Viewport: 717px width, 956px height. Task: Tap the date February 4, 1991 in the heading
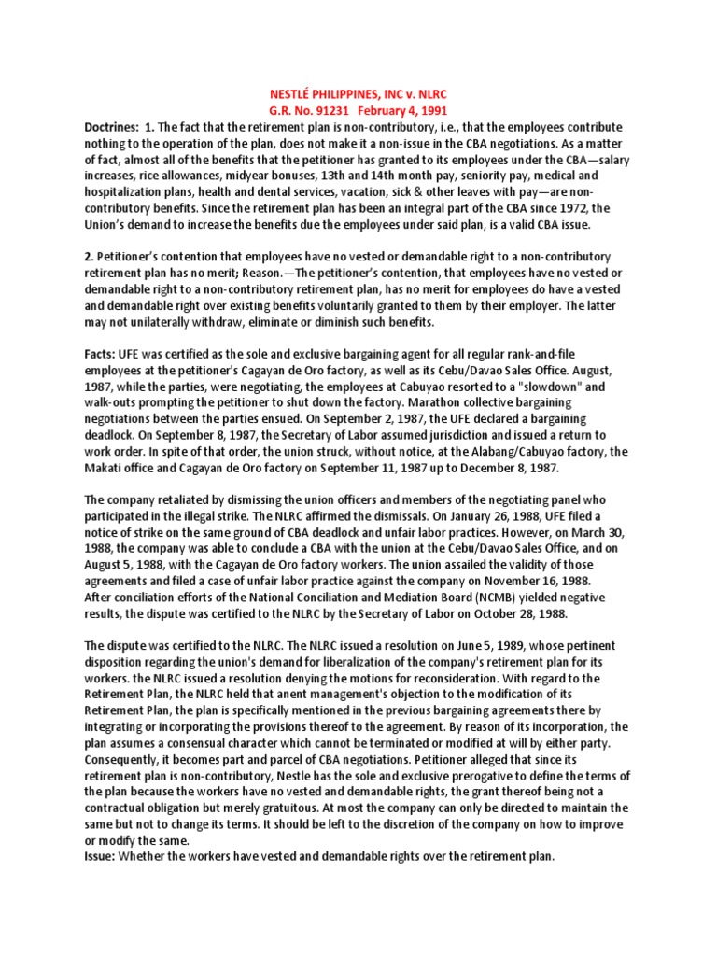pos(401,110)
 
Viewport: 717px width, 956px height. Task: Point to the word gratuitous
pos(295,808)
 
